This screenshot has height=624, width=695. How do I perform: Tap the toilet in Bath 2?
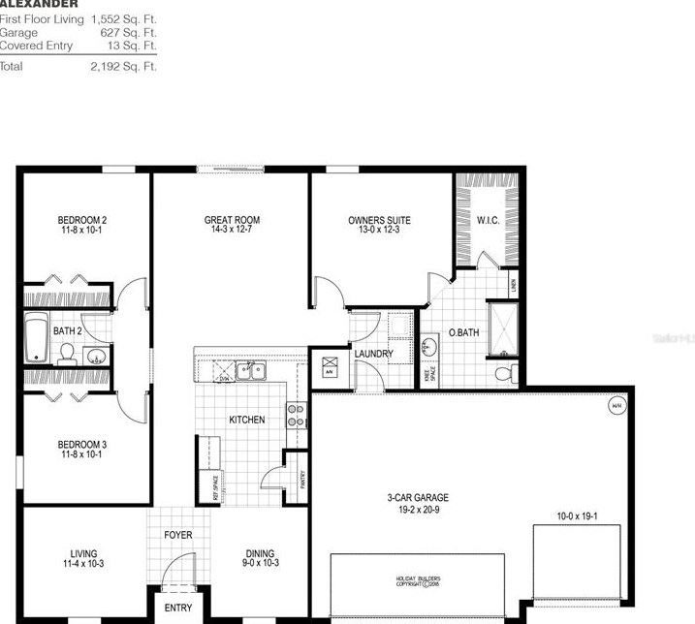pos(68,357)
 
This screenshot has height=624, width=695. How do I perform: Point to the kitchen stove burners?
pos(296,416)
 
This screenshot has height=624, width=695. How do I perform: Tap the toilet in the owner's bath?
pos(503,374)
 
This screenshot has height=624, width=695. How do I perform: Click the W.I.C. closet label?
pos(488,220)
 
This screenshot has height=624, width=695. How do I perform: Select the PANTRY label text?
pos(303,479)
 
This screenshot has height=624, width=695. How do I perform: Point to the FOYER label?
pos(177,535)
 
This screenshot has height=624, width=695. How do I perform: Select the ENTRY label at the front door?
pos(177,608)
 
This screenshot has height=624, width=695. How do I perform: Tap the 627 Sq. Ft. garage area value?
pos(128,32)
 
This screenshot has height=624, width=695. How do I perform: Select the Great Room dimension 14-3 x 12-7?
pos(232,231)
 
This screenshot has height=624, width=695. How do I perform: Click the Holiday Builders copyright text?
pos(418,581)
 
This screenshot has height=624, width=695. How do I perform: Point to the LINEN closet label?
pos(514,284)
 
